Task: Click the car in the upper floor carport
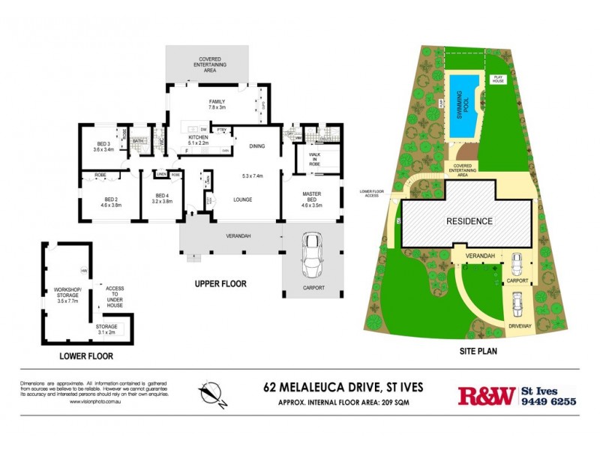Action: tap(310, 256)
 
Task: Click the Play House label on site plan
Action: tap(497, 79)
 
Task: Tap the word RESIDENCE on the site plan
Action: tap(469, 221)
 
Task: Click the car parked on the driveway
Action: tap(516, 304)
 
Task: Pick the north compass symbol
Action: tap(212, 394)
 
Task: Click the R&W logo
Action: tap(486, 395)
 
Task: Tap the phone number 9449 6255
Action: tap(548, 402)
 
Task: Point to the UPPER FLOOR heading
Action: tap(220, 283)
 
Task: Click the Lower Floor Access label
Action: tap(372, 192)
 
